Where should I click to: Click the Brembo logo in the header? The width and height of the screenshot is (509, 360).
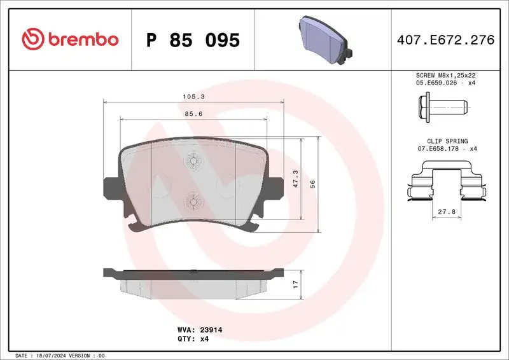(x=69, y=39)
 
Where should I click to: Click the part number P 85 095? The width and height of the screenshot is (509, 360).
(x=193, y=40)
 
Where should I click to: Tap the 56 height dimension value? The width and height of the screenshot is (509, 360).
(x=312, y=183)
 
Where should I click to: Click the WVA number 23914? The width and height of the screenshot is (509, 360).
(x=211, y=331)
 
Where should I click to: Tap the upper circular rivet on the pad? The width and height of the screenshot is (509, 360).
(x=193, y=162)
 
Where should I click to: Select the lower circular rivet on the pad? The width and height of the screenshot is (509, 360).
(x=193, y=201)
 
